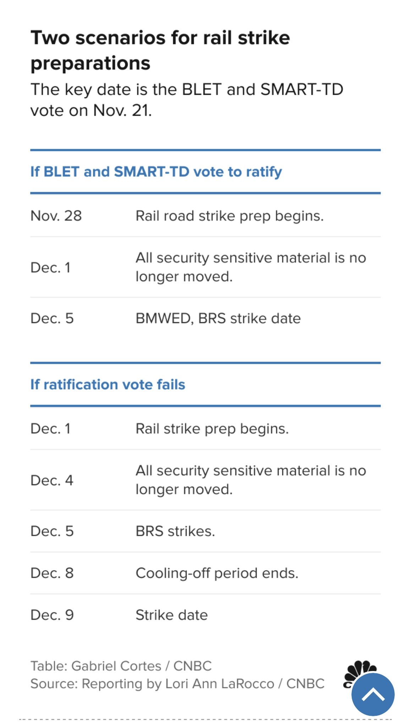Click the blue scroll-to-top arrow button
click(x=373, y=694)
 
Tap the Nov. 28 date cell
click(x=56, y=215)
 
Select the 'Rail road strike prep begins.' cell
click(x=229, y=216)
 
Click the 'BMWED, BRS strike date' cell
click(x=218, y=318)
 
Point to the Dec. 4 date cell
click(x=52, y=480)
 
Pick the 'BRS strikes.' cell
click(x=175, y=531)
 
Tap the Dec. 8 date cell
click(x=52, y=573)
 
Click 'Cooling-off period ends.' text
click(x=217, y=573)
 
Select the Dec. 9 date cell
click(x=52, y=615)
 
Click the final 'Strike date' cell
click(x=171, y=615)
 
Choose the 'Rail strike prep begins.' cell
click(x=212, y=429)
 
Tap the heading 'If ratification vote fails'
click(x=108, y=384)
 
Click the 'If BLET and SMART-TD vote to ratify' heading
click(x=156, y=172)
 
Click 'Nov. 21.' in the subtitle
click(x=122, y=110)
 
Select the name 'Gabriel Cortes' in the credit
click(x=116, y=666)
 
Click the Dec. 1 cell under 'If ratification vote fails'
click(x=50, y=429)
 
